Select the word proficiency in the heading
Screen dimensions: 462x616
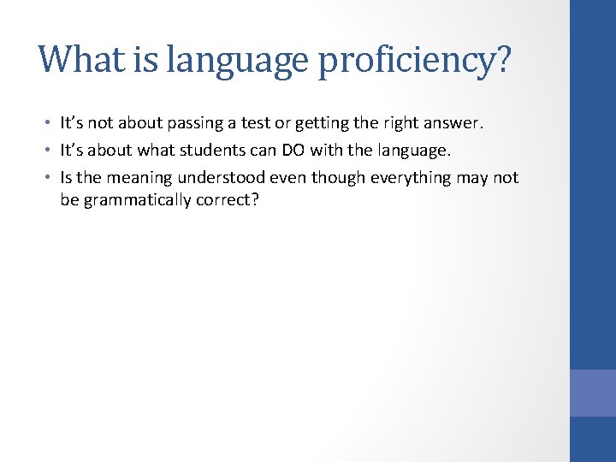(415, 61)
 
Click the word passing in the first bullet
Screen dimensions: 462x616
(196, 124)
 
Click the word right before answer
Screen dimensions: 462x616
(400, 124)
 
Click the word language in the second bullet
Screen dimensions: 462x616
(411, 151)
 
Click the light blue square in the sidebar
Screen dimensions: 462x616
(593, 393)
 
